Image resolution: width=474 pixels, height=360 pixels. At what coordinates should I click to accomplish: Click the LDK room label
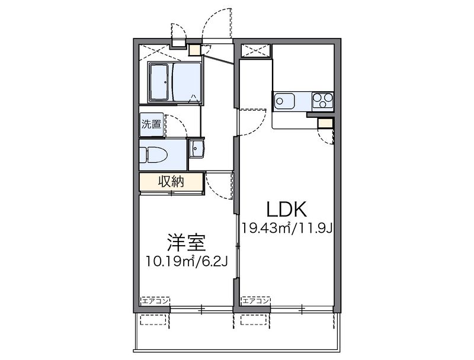pyautogui.click(x=286, y=209)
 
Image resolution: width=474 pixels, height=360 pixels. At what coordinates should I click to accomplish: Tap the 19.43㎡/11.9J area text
pyautogui.click(x=286, y=227)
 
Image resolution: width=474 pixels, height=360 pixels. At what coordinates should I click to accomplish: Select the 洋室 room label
pyautogui.click(x=185, y=242)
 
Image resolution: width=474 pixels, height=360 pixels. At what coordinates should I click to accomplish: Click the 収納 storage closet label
pyautogui.click(x=171, y=182)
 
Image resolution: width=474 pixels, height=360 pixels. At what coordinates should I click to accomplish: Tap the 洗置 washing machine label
pyautogui.click(x=151, y=124)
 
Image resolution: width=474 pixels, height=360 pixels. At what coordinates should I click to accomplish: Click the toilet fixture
pyautogui.click(x=155, y=155)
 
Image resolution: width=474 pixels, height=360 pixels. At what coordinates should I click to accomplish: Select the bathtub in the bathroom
pyautogui.click(x=159, y=82)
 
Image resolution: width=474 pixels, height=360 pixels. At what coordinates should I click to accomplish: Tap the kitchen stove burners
pyautogui.click(x=323, y=101)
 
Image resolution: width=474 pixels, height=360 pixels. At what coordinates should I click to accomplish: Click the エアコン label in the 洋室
pyautogui.click(x=155, y=301)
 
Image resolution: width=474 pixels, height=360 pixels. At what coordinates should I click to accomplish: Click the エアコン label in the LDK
pyautogui.click(x=256, y=301)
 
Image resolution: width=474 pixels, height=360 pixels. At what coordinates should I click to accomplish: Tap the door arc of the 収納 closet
pyautogui.click(x=217, y=185)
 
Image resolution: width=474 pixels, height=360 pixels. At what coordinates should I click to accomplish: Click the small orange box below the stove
pyautogui.click(x=325, y=123)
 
